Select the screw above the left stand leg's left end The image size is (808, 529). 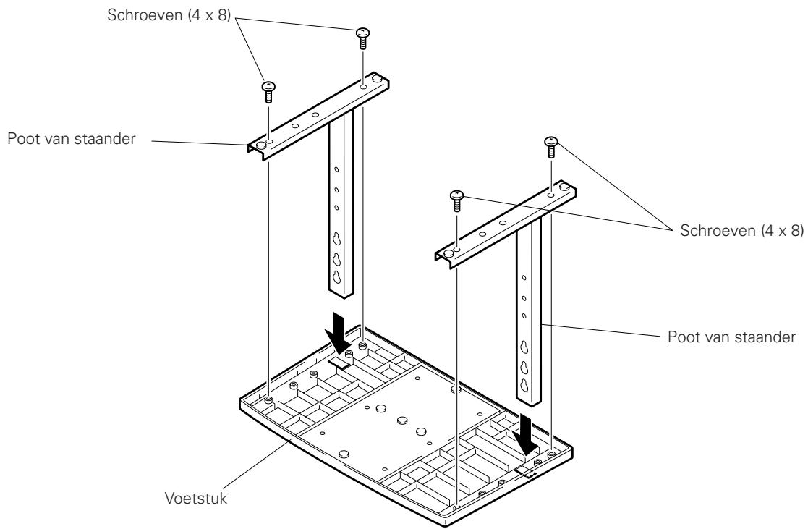coord(268,92)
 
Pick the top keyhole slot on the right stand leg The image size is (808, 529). coord(525,345)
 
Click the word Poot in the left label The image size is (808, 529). coord(20,139)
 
